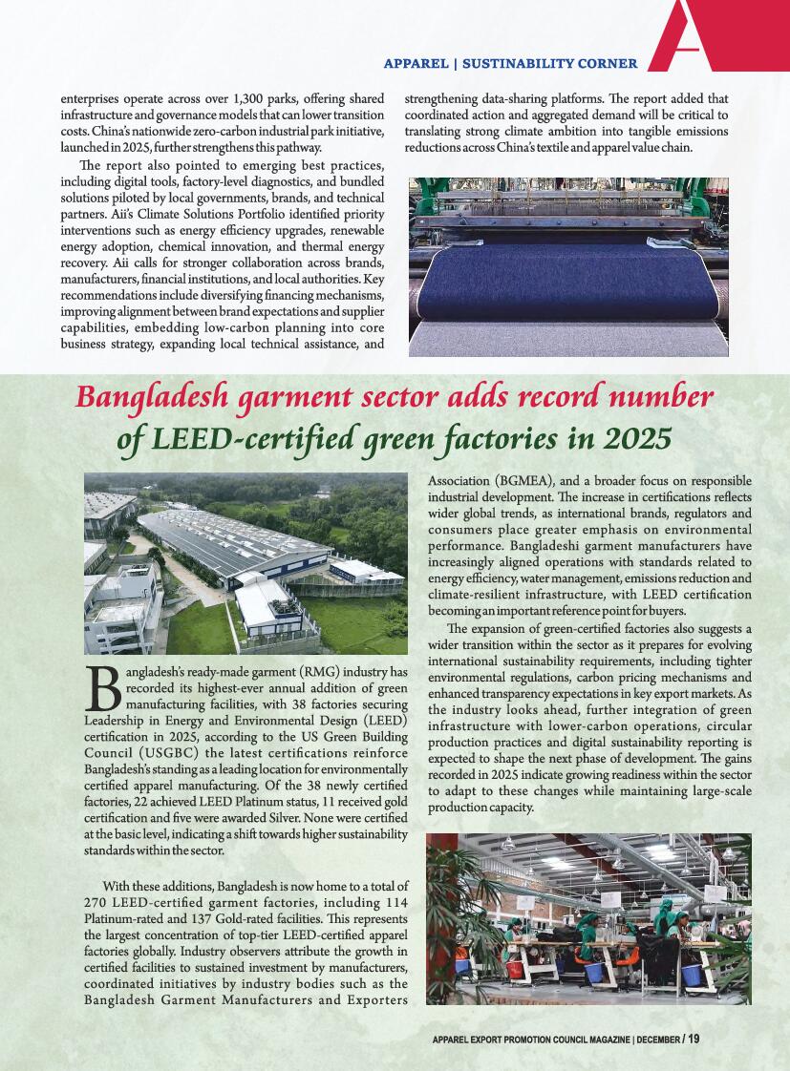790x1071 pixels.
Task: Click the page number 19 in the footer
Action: pos(693,1039)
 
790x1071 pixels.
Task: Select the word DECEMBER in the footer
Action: pos(657,1039)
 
